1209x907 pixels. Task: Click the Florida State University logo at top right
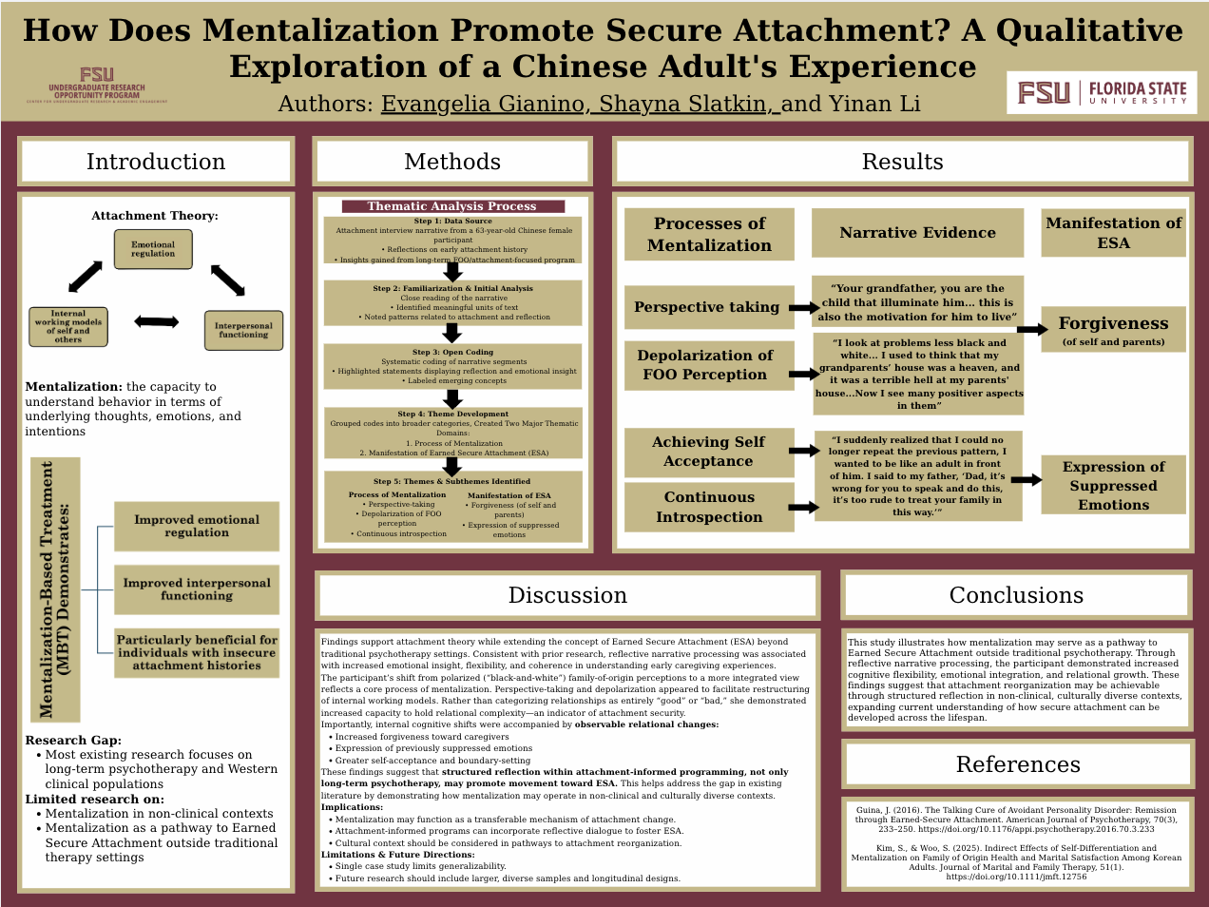1102,93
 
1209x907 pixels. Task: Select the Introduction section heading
156,162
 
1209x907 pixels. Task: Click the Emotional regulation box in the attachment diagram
153,249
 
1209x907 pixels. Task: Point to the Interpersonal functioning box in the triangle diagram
243,331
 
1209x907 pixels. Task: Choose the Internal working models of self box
67,326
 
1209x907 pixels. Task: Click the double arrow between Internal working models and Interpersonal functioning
157,321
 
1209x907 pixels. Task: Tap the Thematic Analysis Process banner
452,206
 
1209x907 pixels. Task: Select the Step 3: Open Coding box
452,366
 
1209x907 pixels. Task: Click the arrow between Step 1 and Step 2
452,272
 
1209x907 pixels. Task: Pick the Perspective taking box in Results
708,307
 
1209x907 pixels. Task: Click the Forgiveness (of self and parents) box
1113,329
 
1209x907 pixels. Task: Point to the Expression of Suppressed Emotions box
1113,485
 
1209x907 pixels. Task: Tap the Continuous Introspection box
708,507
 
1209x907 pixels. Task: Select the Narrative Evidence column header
917,233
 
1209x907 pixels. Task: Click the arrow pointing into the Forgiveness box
1031,330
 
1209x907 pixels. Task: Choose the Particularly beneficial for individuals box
197,652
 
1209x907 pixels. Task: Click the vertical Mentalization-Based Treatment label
56,589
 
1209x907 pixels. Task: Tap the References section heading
1018,764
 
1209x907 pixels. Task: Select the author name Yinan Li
874,104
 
